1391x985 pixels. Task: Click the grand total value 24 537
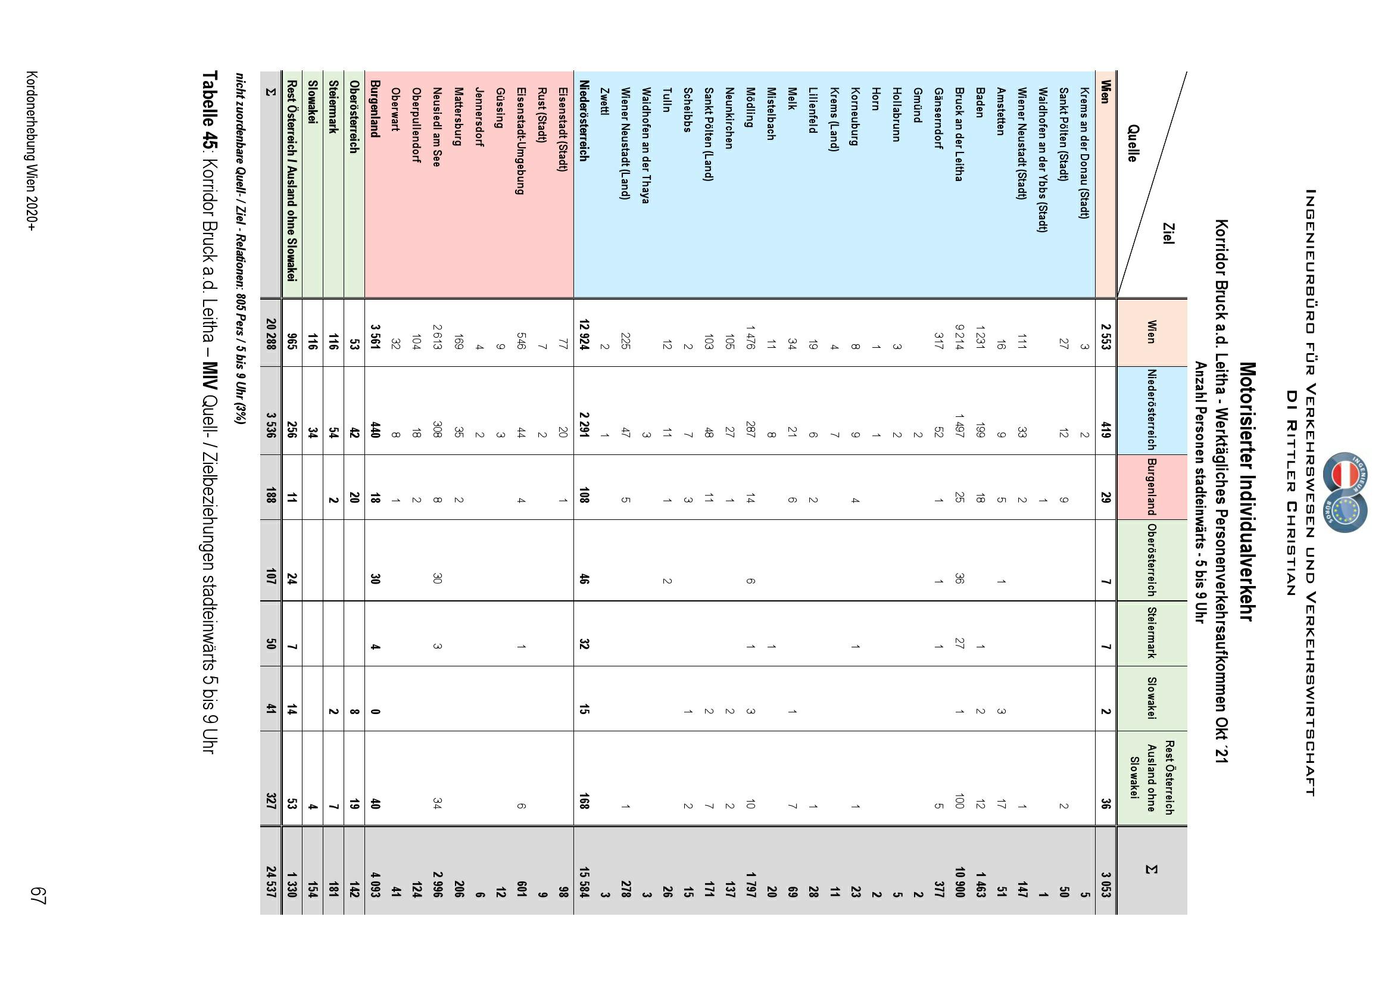click(x=271, y=871)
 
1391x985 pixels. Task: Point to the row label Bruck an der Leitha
click(x=959, y=134)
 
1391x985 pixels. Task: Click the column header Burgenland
click(x=1149, y=487)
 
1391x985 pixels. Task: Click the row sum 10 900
click(x=959, y=871)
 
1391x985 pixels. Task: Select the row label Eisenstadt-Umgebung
click(x=520, y=141)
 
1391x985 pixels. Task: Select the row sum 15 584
click(x=584, y=871)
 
